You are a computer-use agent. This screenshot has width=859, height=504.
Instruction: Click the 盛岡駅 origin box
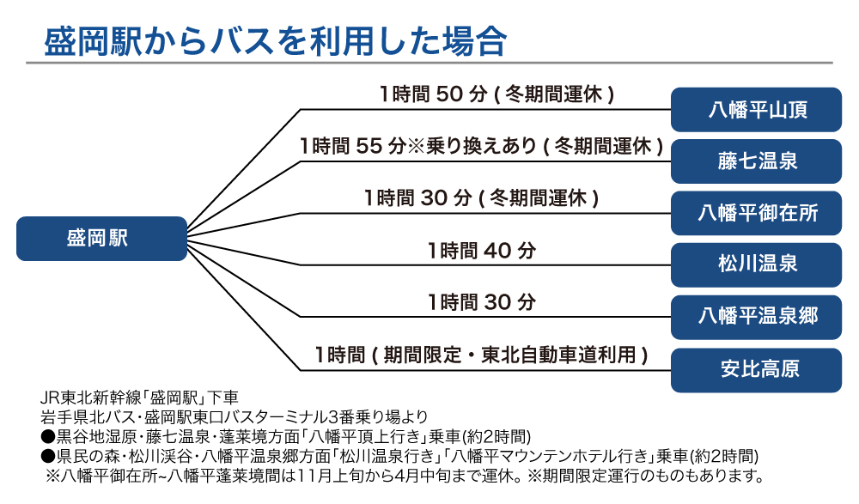pos(101,239)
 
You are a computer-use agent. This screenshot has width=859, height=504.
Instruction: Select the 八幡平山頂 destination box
pos(757,110)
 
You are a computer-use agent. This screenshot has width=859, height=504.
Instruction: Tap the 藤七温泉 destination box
pos(757,161)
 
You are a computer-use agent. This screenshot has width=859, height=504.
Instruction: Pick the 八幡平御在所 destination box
pos(757,213)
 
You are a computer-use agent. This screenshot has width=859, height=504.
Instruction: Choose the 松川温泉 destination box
pos(757,264)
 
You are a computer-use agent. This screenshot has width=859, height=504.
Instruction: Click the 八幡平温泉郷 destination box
pos(757,316)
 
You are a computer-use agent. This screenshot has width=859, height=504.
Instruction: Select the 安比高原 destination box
pos(757,368)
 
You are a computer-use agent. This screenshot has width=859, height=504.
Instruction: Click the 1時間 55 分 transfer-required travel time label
pos(481,146)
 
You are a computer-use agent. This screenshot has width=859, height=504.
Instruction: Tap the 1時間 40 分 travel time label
pos(481,251)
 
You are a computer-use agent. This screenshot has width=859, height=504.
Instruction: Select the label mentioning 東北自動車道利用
pos(481,354)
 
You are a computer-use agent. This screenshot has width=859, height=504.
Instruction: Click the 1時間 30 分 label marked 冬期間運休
pos(481,197)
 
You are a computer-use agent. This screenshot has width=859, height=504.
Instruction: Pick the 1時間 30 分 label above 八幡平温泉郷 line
pos(481,302)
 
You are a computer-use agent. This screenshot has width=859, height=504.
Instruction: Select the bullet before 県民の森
pos(47,455)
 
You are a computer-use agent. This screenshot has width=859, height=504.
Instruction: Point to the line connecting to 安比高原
pos(481,370)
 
